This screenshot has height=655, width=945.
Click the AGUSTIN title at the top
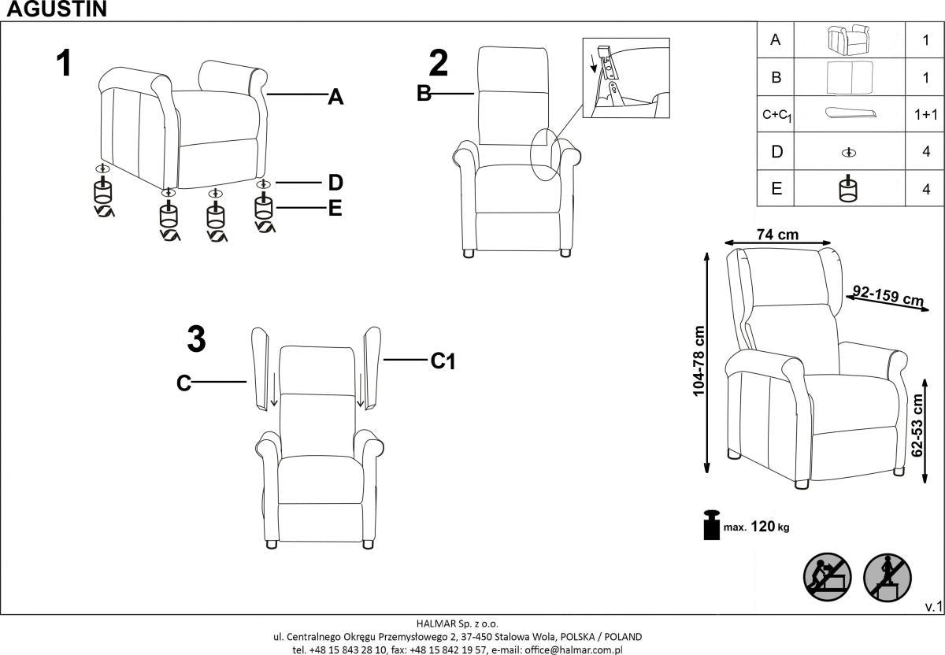point(54,9)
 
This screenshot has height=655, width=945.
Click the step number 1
point(64,64)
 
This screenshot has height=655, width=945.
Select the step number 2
point(438,64)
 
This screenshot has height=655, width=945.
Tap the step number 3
point(196,339)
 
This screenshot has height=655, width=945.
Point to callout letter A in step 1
point(335,98)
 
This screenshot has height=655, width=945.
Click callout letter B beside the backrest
point(424,94)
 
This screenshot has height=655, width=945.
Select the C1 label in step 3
point(443,361)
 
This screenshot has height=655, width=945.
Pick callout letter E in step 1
point(335,209)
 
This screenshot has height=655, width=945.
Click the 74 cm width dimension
point(777,235)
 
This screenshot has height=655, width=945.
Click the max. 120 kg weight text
point(756,527)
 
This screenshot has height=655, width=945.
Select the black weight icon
point(711,525)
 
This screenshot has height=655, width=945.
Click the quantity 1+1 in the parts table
point(926,114)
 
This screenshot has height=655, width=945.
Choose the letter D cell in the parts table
point(776,152)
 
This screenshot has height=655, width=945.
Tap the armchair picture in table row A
point(849,39)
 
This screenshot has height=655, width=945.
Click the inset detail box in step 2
point(625,78)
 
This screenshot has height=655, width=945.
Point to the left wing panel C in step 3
point(260,368)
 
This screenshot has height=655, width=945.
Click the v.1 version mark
point(933,606)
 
